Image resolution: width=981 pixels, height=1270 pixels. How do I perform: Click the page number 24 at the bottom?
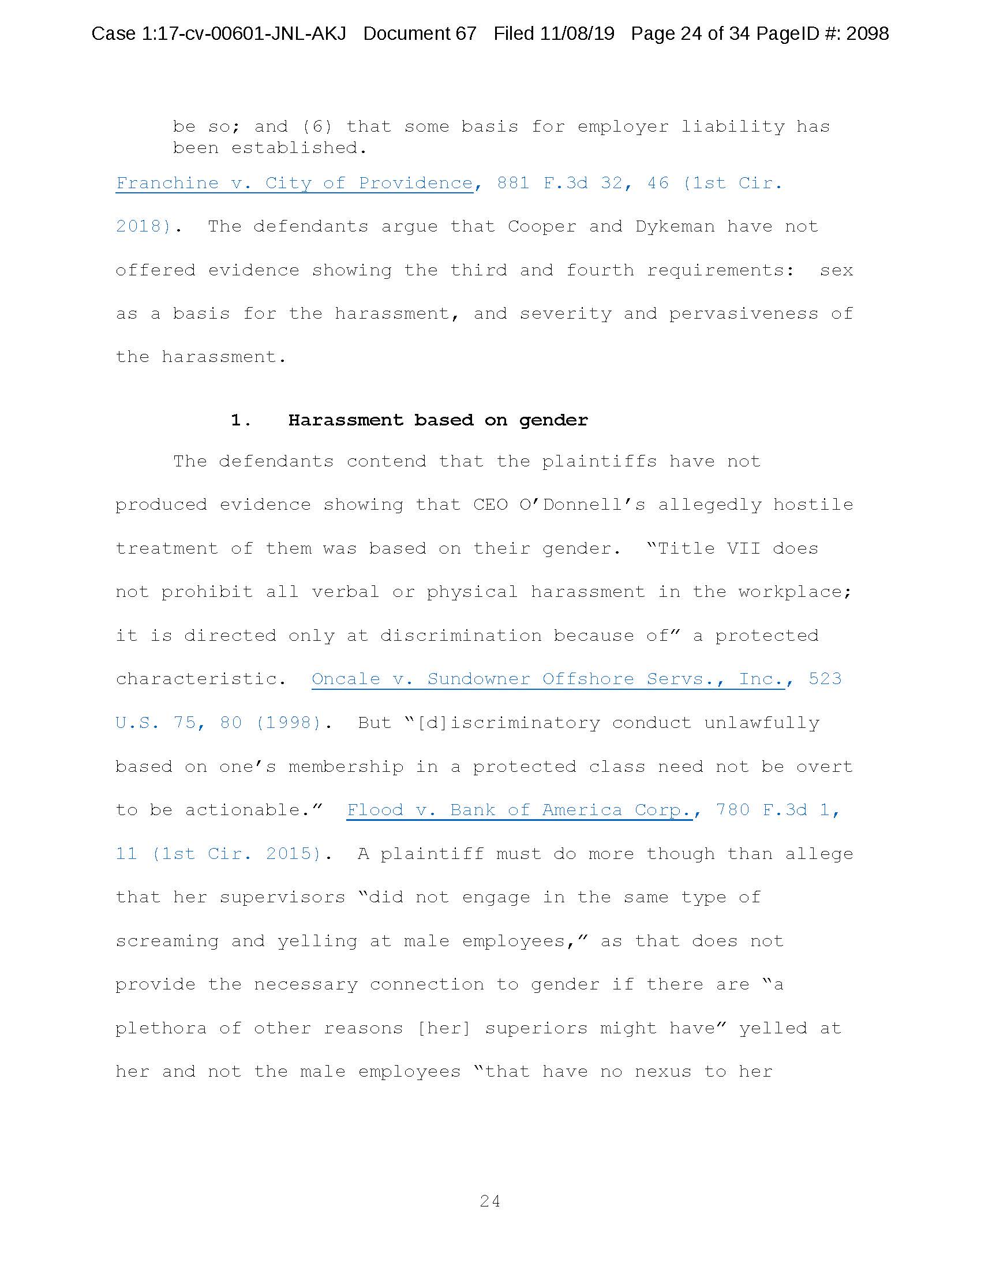click(x=490, y=1201)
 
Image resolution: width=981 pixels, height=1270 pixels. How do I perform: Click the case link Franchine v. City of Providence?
click(x=294, y=183)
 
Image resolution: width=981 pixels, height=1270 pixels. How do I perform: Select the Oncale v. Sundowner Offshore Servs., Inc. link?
click(x=548, y=679)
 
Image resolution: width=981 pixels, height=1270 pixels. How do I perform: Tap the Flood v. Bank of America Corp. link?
click(x=519, y=809)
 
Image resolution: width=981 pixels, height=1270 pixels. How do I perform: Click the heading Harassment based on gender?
click(x=437, y=420)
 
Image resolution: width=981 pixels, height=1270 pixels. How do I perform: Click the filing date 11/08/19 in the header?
click(x=576, y=33)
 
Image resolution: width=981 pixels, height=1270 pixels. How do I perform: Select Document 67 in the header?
click(x=420, y=33)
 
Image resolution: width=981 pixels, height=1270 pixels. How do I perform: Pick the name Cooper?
click(x=542, y=226)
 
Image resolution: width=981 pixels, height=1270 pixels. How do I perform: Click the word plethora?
click(x=161, y=1028)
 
